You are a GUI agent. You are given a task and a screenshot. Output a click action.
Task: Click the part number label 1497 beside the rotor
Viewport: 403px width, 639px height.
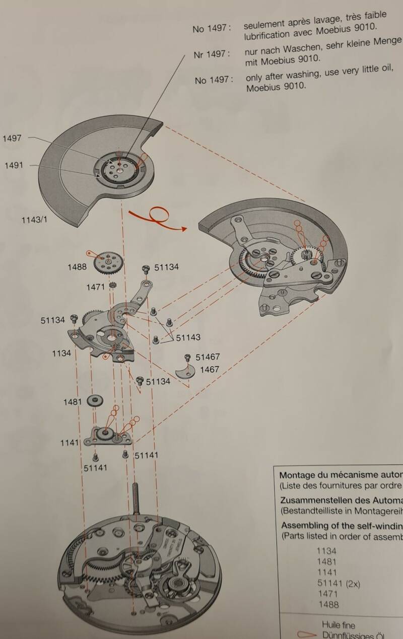point(12,138)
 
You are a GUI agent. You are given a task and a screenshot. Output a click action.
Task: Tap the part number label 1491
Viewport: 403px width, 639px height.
point(14,165)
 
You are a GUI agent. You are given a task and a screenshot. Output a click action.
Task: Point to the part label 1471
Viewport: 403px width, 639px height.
point(95,287)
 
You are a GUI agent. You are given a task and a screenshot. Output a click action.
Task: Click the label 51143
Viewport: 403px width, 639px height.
point(188,337)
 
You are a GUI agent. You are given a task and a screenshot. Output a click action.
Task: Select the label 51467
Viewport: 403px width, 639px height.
point(208,357)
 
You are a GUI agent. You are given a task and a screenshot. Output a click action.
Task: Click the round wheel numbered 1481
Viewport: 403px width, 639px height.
point(95,401)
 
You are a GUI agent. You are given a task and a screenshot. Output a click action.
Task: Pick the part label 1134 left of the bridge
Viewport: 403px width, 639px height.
point(61,353)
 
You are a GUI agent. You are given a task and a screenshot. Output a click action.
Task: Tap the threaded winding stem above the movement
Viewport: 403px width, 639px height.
point(136,495)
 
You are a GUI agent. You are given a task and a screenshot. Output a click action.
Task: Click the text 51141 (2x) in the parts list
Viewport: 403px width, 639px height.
point(338,583)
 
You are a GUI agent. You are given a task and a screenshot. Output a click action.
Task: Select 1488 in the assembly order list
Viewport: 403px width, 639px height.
point(327,605)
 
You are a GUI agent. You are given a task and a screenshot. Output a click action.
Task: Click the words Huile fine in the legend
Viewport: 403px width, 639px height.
point(339,625)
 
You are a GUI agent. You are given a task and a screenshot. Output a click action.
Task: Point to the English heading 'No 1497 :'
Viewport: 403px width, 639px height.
point(213,80)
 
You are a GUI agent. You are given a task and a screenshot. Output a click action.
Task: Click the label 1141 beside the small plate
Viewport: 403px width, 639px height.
point(70,442)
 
